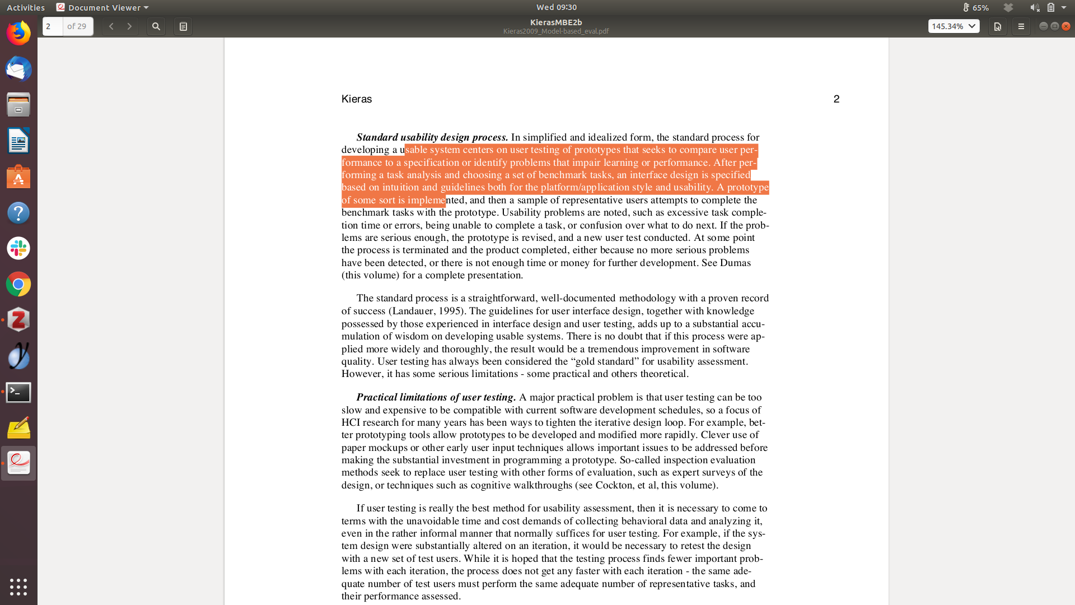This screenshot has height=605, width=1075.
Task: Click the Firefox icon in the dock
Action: (18, 33)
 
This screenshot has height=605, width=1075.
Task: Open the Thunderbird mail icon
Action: (18, 69)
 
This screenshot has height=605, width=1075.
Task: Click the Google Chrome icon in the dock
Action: (18, 285)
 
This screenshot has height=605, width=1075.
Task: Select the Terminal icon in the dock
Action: (18, 393)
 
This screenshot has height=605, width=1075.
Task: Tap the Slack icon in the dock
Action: (18, 248)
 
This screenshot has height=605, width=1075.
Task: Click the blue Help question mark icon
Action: (18, 213)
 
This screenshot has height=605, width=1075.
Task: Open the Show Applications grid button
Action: (18, 587)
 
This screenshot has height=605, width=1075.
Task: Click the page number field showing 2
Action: (53, 26)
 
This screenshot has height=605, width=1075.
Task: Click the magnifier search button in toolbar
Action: (156, 26)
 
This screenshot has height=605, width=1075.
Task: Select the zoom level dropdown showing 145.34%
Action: (954, 26)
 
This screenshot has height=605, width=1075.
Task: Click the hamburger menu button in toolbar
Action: (1021, 26)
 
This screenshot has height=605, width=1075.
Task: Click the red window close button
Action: (1066, 26)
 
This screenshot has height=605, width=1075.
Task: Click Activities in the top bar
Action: (26, 7)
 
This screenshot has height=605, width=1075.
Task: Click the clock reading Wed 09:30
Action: (556, 7)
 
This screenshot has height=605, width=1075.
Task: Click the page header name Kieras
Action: (357, 99)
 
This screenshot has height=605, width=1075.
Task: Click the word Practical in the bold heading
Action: (376, 397)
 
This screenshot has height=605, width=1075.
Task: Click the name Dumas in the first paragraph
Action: (735, 263)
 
